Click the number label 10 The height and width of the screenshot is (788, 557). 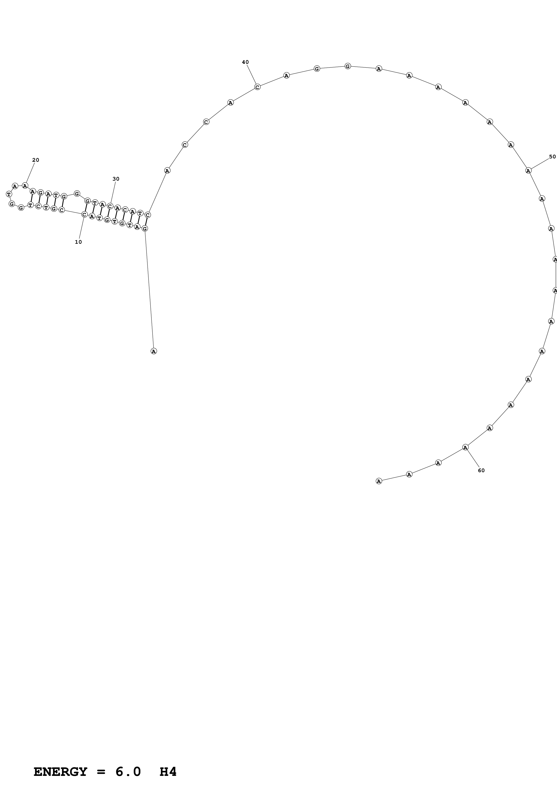point(78,242)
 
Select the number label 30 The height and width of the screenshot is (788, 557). point(116,179)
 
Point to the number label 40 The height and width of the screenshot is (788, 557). point(245,62)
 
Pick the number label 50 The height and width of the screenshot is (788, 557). point(552,157)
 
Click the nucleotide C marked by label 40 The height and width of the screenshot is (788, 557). point(257,87)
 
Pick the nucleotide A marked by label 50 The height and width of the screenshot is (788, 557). point(528,170)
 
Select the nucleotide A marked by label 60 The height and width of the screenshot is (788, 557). point(465,447)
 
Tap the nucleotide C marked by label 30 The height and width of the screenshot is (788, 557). point(110,206)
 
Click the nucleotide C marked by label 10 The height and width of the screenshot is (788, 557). point(84,215)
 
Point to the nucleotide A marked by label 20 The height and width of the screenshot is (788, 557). point(25,186)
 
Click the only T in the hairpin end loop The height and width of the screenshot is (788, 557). point(9,194)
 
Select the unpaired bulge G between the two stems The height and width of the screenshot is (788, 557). point(77,194)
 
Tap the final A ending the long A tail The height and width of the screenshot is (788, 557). point(379,481)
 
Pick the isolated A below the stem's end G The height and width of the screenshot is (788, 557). point(154,351)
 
